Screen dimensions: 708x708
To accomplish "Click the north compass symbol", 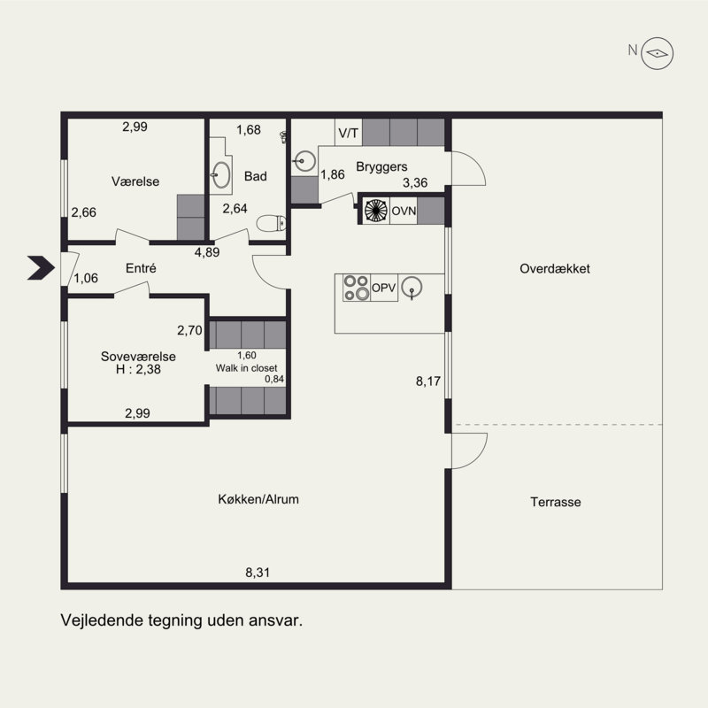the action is (x=658, y=53).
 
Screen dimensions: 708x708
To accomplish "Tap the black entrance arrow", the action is (x=42, y=268).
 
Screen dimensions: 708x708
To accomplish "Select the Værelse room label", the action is (x=135, y=181).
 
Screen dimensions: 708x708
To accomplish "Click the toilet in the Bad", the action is (x=272, y=223).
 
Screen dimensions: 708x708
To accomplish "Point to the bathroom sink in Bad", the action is (x=221, y=174).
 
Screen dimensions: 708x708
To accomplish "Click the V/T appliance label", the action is (x=348, y=134).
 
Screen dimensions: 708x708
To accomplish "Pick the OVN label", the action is (x=404, y=211).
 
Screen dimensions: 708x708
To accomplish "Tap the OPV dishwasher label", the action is (x=383, y=288).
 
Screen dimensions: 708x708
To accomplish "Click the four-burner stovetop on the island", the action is (x=357, y=288).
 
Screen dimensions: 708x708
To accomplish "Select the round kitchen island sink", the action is (x=412, y=287).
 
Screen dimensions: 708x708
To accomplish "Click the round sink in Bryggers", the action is (x=305, y=161).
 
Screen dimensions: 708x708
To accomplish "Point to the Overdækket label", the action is (x=555, y=269).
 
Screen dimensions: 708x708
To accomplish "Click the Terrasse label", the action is (x=556, y=502).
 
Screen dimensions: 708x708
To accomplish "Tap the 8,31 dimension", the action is (x=258, y=573).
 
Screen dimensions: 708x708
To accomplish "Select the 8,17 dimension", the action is (x=428, y=381).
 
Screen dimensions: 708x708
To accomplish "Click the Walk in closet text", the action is (x=247, y=368).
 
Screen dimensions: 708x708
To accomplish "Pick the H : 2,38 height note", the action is (x=138, y=369).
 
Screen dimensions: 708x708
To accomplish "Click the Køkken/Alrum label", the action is (x=258, y=499).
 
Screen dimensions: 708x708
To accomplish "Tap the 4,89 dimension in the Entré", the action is (x=207, y=252).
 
